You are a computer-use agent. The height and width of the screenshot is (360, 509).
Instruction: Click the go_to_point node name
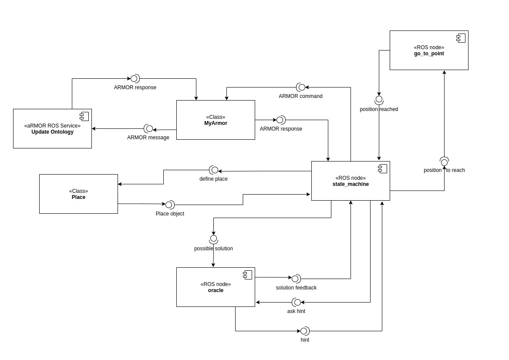(429, 54)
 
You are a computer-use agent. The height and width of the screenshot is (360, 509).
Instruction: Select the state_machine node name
(351, 184)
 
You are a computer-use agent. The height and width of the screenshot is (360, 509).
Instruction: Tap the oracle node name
(216, 290)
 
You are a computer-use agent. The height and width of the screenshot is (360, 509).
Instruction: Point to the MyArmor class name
(216, 123)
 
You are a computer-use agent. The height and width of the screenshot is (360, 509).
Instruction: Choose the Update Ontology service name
(52, 132)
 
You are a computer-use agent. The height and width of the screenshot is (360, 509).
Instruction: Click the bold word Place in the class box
(78, 197)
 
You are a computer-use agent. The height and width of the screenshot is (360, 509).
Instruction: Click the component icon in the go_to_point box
(461, 38)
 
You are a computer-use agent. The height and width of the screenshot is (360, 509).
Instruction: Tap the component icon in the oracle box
(247, 275)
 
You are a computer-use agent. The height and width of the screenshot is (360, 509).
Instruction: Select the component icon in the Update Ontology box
(84, 116)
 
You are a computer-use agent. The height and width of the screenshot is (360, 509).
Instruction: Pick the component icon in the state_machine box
(382, 168)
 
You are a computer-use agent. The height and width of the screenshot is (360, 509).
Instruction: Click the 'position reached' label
(379, 109)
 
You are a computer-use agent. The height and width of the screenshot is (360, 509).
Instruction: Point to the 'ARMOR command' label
(300, 96)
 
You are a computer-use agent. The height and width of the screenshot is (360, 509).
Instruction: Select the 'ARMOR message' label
(148, 138)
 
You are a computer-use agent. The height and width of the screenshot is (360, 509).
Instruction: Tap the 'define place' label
(213, 179)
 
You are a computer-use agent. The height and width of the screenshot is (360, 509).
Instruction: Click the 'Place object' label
(170, 214)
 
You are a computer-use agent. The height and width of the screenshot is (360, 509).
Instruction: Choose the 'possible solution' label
(213, 249)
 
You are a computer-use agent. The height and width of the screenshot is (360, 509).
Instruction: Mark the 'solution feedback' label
(296, 288)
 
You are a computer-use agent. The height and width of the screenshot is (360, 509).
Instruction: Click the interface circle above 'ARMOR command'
(302, 87)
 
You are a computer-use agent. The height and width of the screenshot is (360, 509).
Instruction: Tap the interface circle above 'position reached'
(379, 99)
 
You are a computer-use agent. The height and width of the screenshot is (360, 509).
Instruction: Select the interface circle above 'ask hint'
(297, 302)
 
